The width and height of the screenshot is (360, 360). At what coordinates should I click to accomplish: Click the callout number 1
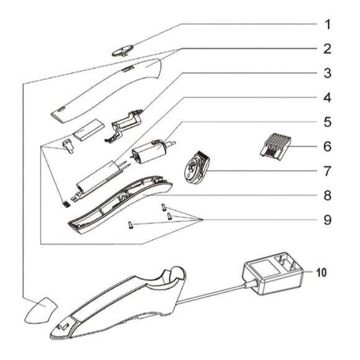pos(327,25)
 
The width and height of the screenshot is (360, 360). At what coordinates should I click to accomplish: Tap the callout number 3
pos(327,73)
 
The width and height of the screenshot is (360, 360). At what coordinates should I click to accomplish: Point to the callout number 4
pos(327,98)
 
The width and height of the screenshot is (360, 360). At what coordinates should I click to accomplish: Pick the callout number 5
pos(327,122)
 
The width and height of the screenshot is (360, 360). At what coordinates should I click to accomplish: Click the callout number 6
pos(327,147)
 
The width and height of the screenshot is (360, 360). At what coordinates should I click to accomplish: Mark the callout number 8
pos(327,195)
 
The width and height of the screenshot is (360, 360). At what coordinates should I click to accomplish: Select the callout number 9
pos(327,220)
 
